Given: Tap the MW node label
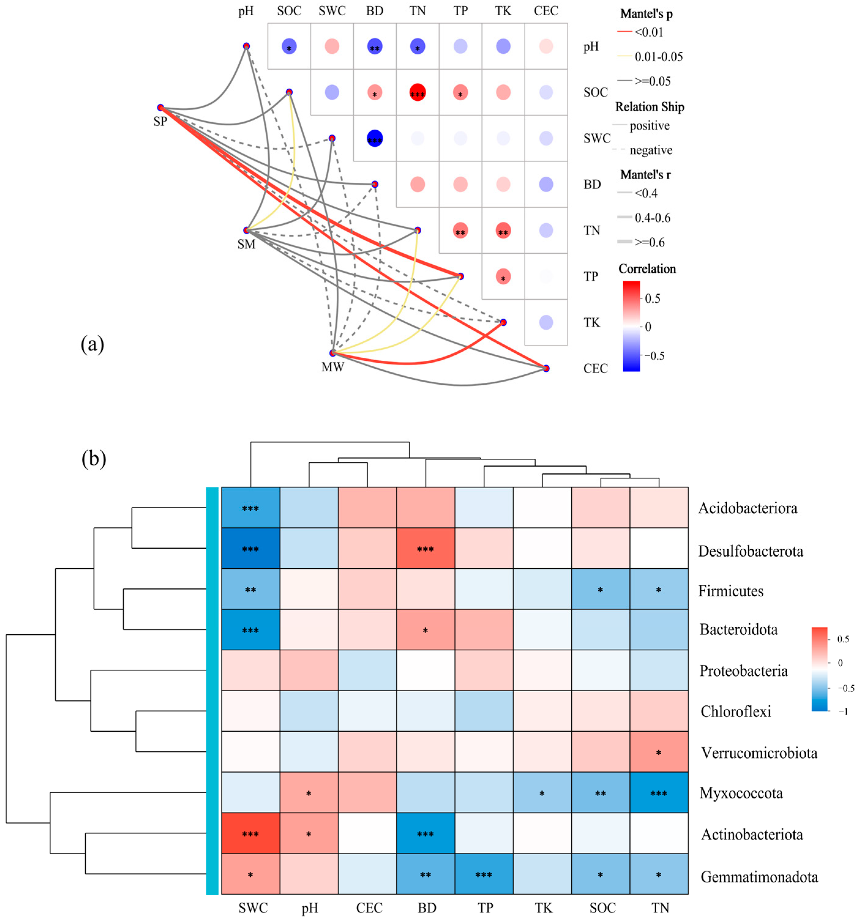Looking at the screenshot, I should coord(333,368).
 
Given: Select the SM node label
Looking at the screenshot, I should coord(246,244).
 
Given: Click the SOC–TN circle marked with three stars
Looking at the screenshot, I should coord(417,92).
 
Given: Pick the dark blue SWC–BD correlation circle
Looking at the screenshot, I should coord(375,139).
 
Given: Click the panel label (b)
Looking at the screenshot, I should coord(94,458).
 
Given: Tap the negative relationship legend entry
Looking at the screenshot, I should coord(651,150).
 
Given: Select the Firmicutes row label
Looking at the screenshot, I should coord(730,591).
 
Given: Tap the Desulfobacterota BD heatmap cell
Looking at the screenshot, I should coord(425,549).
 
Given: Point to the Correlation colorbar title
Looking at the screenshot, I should coord(647,269).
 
